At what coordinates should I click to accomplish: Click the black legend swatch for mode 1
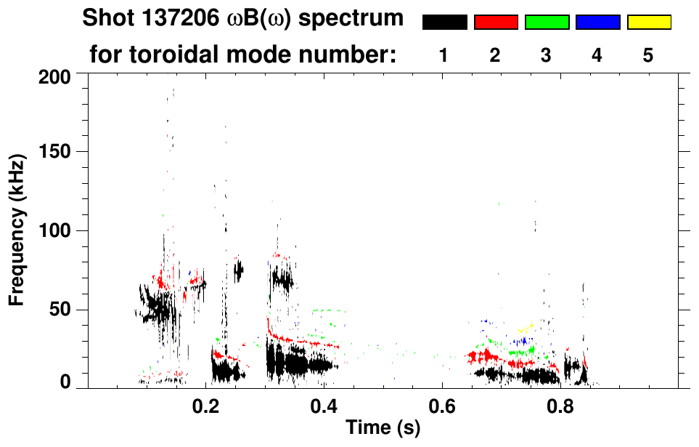[444, 23]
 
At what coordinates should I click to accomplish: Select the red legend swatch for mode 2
[496, 23]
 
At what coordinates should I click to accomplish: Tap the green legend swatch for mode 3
[547, 23]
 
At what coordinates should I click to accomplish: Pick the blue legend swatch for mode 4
[597, 23]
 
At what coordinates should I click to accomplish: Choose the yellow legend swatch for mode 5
[649, 23]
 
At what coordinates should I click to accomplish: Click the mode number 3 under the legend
[546, 55]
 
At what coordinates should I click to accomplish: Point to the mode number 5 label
[648, 55]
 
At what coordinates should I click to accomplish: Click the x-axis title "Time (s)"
[383, 428]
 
